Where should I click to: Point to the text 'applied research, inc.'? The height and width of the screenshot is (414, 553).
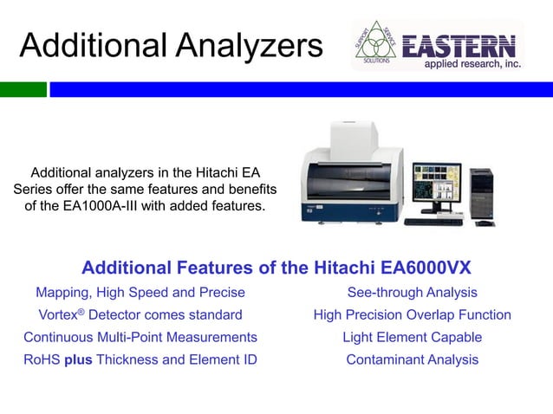coord(471,64)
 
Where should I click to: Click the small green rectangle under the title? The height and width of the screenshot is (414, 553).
coord(23,89)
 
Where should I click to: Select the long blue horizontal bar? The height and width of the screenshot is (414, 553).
coord(300,89)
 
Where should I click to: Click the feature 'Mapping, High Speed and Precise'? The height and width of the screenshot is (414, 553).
coord(140,293)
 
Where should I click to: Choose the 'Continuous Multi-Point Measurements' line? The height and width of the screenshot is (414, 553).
coord(140,337)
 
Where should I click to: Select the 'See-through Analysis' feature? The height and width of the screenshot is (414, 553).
coord(412,293)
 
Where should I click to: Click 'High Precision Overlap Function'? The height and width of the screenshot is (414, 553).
coord(412,315)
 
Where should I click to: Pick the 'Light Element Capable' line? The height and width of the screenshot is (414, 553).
coord(412,337)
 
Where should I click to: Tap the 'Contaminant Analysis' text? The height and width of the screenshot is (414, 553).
coord(412,359)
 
